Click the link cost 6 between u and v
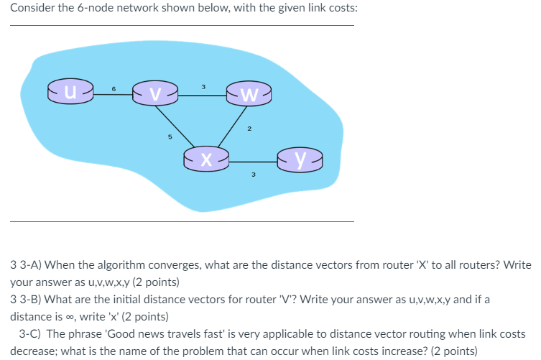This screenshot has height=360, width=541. pos(114,88)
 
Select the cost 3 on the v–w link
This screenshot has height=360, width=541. pos(203,88)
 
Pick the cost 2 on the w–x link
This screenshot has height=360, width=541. pos(249,129)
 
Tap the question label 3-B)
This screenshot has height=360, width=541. pos(33,298)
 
